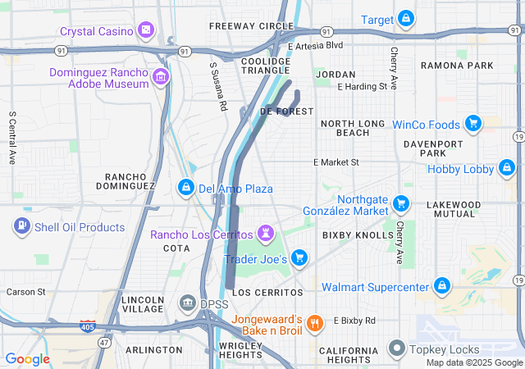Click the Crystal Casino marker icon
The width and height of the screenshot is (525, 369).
click(x=146, y=31)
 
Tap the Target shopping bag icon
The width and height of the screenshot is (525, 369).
click(x=406, y=19)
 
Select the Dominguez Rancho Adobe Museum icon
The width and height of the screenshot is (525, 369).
click(x=161, y=78)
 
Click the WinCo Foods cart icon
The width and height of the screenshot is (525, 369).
click(x=472, y=125)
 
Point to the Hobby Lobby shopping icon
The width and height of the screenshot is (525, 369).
click(x=506, y=170)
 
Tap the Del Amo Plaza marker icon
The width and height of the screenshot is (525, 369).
click(x=187, y=189)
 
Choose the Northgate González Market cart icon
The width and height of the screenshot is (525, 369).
click(x=401, y=203)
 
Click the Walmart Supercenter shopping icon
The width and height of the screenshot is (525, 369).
click(x=442, y=286)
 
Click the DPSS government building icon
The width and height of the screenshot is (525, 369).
click(x=187, y=304)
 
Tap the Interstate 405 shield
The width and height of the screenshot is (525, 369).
click(x=88, y=326)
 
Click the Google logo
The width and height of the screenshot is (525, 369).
click(x=27, y=358)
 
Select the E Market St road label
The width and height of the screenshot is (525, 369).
click(x=336, y=162)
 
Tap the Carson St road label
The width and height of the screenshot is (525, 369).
click(x=25, y=291)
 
